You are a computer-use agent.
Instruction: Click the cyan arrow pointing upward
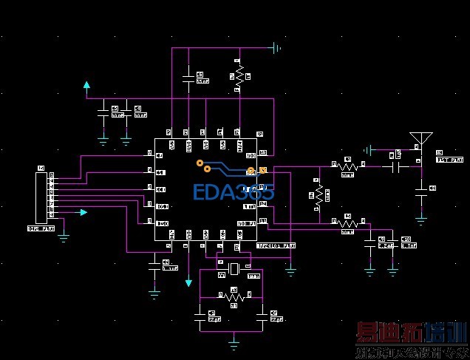[87, 86]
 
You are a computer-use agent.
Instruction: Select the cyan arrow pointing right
[84, 212]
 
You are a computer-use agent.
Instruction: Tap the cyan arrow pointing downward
[189, 283]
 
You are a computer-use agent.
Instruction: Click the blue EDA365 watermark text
[234, 192]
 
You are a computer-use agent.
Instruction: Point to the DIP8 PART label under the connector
[41, 229]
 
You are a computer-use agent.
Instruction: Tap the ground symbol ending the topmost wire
[276, 49]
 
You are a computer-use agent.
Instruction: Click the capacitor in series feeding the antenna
[400, 167]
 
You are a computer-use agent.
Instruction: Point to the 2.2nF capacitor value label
[386, 245]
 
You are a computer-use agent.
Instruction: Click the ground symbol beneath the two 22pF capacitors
[234, 342]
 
